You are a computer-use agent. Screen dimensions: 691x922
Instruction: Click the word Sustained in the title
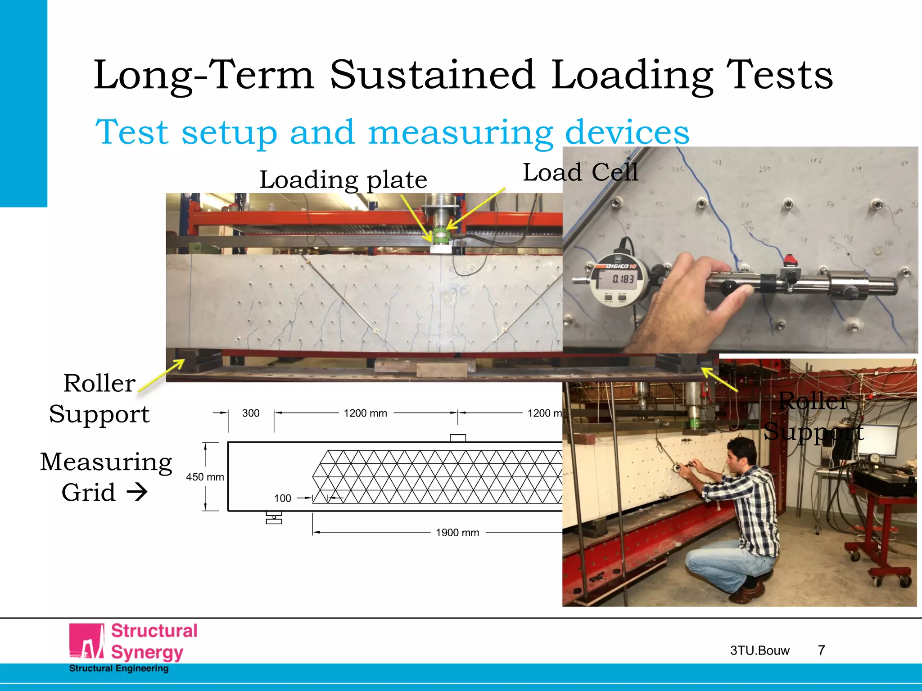point(432,75)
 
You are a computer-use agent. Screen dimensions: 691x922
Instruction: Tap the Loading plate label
point(343,180)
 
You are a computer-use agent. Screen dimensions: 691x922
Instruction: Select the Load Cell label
point(580,172)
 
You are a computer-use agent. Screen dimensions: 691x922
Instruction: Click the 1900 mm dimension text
point(457,533)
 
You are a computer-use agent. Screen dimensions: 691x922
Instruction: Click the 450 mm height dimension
point(205,477)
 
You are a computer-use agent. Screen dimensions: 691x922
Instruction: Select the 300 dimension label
point(251,413)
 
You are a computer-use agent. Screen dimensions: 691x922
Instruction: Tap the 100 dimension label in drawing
point(282,498)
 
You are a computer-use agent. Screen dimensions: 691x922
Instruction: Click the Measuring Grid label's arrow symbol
point(137,492)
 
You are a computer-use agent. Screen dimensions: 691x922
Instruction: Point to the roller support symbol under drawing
point(274,518)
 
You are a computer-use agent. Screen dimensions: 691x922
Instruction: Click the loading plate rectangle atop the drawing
point(457,438)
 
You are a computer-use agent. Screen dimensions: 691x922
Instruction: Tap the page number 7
point(821,650)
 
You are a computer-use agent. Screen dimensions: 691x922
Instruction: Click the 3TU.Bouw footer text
point(759,651)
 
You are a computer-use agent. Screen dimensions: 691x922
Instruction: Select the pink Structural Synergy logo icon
point(87,642)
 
